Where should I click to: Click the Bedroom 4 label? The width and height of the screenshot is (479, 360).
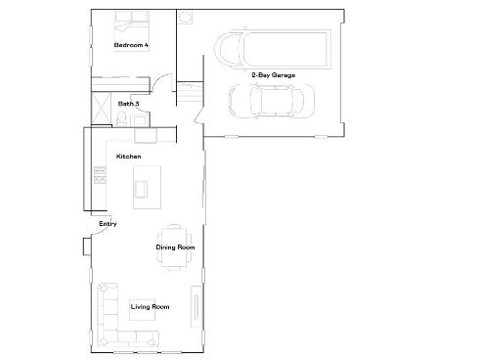tap(131, 45)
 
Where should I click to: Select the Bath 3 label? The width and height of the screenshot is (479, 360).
tap(129, 103)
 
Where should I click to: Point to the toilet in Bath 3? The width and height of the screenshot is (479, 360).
tap(121, 117)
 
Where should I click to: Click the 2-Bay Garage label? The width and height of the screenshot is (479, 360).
tap(273, 75)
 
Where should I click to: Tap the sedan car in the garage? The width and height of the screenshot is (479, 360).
tap(271, 99)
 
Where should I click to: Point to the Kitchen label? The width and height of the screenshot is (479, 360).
tap(129, 157)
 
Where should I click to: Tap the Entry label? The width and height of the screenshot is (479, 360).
tap(108, 225)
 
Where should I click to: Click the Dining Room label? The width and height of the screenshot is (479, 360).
tap(175, 247)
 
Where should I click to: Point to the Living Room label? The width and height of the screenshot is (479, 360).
tap(150, 307)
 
